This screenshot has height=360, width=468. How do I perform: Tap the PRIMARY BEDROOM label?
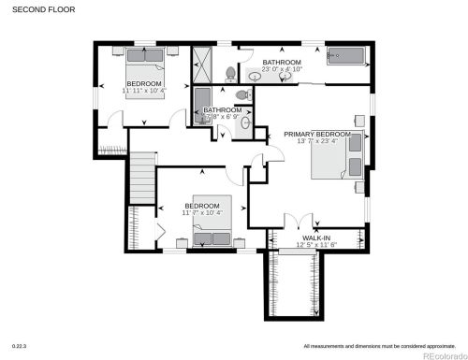click(318, 135)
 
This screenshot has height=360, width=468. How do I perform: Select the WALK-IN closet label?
click(315, 238)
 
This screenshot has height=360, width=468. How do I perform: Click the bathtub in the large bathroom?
click(345, 56)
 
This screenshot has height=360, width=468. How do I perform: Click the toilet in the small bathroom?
click(241, 94)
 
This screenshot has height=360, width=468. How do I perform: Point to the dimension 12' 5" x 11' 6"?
click(315, 246)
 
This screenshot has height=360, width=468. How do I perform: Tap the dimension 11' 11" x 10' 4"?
click(145, 92)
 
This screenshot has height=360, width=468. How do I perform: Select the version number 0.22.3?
click(19, 346)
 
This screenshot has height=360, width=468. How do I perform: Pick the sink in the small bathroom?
click(246, 122)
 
